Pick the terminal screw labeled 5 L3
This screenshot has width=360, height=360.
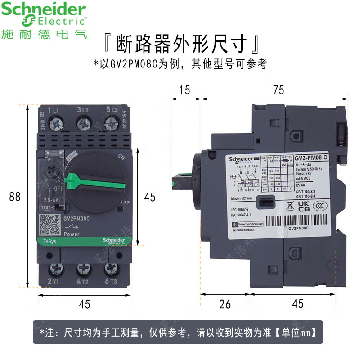111,122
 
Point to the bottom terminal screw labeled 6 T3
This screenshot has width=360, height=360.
111,269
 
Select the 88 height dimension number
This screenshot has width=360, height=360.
15,197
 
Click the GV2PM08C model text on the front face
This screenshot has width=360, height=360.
77,219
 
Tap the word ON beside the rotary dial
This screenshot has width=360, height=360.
121,157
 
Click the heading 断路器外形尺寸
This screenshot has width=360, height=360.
180,45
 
